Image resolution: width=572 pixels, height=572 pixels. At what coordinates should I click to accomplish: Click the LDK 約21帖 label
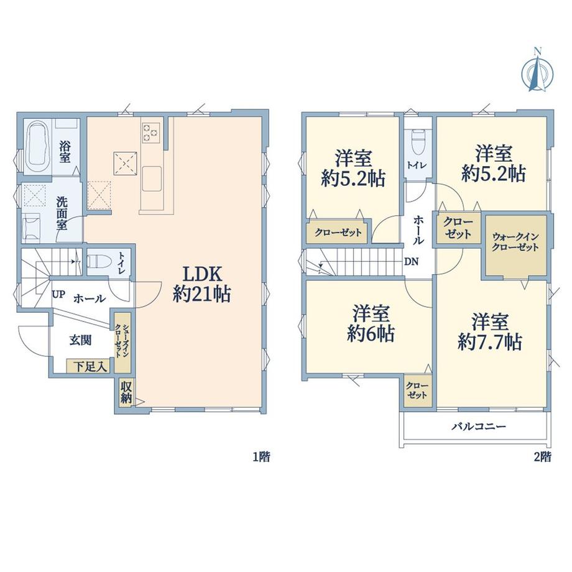(201, 284)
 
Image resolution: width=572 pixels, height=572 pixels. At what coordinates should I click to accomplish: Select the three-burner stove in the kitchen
(151, 132)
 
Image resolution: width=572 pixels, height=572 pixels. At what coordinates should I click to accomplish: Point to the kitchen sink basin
(152, 178)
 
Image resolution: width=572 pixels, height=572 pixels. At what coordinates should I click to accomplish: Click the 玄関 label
(80, 340)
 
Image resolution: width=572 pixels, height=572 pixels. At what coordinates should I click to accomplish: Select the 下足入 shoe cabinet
(90, 366)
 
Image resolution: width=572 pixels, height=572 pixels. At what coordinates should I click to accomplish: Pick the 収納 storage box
(126, 392)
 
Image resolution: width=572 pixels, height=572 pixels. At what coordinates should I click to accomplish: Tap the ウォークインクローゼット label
(515, 242)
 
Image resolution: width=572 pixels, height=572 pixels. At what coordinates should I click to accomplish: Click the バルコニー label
(479, 427)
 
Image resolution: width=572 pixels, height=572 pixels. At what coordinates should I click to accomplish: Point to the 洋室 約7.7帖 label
(490, 331)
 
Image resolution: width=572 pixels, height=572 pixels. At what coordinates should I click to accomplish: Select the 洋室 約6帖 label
(371, 323)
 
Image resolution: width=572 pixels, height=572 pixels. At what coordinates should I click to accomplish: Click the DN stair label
(411, 262)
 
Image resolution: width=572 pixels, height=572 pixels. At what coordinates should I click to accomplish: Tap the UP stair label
(58, 294)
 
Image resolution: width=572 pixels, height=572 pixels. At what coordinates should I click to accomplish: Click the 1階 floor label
(262, 456)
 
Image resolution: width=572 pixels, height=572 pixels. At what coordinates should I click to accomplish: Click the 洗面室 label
(62, 213)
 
